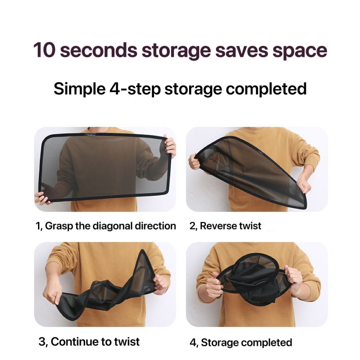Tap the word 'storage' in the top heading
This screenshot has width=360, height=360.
tap(176, 51)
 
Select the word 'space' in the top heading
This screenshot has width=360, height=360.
tap(300, 51)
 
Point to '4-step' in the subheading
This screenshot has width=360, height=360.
tap(135, 89)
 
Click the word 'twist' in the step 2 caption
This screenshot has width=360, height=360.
tap(250, 226)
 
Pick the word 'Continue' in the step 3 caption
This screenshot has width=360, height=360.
tap(75, 341)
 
